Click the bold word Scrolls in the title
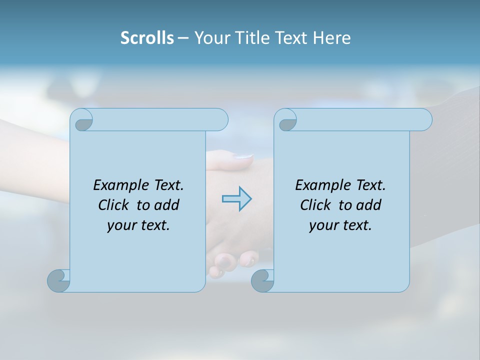point(147,38)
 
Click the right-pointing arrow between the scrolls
point(236,198)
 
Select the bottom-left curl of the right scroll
point(262,280)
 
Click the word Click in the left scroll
point(113,205)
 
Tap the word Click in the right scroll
point(315,205)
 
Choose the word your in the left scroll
point(122,225)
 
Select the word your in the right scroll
point(324,225)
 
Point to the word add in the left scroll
point(166,205)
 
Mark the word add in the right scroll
point(368,205)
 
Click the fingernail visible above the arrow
point(243,156)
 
